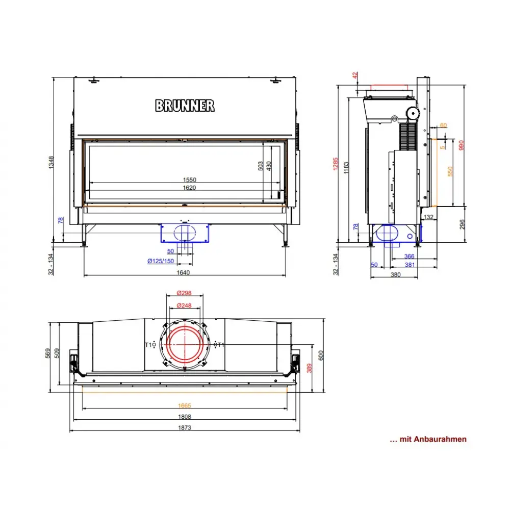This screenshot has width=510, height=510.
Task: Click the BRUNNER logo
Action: coord(185,106)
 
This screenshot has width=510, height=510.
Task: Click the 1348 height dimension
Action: coord(52,162)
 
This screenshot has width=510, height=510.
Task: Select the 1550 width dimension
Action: coord(189,180)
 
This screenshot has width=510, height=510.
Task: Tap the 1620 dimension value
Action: coord(189,188)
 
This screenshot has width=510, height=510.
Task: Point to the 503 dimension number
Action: coord(260,166)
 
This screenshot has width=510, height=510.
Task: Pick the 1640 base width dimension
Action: coord(183,272)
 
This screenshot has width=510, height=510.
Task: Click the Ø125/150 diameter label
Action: coord(160,261)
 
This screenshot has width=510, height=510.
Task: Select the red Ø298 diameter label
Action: coord(184,293)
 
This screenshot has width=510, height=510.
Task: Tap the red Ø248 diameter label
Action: coord(184,305)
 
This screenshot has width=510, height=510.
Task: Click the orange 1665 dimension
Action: coord(185,405)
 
